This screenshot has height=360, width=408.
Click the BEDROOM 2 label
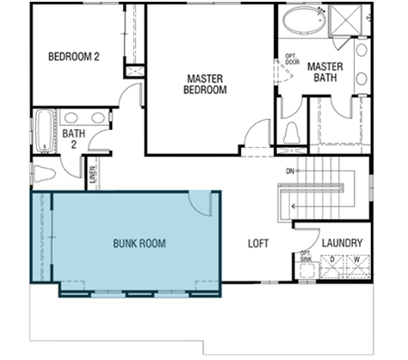coord(74,57)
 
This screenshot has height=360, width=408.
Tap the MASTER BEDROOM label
coord(205,84)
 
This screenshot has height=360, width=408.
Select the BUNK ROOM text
coord(139,244)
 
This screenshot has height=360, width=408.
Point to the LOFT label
coord(258,244)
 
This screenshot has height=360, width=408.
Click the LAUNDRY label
coord(342,243)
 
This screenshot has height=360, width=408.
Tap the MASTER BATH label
coord(325,72)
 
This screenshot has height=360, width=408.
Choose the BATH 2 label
coord(74,139)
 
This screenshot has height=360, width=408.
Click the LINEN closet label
coord(92,175)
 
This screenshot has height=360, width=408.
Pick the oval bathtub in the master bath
coord(305,19)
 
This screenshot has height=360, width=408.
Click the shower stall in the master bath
coord(344,21)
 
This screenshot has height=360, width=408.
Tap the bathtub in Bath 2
coord(45,131)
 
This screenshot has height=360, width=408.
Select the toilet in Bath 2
coord(44,173)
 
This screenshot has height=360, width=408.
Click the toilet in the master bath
coord(292,133)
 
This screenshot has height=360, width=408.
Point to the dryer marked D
coord(331,266)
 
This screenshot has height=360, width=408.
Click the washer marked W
coord(357,266)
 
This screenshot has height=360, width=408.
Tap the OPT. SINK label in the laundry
coord(306,257)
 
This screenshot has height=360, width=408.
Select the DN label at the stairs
coord(290,171)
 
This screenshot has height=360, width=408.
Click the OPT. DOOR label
coord(293,59)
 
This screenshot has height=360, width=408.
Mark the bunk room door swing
coord(200,204)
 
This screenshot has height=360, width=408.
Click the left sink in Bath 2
coord(71,118)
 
